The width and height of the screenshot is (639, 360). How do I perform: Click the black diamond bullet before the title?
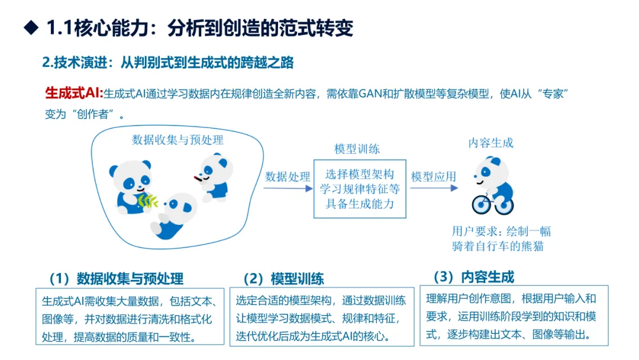click(31, 28)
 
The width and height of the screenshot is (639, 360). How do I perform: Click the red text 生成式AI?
click(74, 93)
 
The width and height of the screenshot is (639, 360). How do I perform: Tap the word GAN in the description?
click(370, 94)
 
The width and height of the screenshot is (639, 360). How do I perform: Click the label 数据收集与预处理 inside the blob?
click(177, 140)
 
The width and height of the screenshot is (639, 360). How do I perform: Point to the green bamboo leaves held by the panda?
click(147, 201)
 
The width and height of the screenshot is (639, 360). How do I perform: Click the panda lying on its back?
click(173, 216)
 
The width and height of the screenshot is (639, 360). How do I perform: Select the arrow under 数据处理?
click(288, 188)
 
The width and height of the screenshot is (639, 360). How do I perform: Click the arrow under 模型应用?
click(434, 188)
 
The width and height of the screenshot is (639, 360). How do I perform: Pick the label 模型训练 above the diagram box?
click(357, 149)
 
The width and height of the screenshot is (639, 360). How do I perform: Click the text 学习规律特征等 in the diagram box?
click(360, 189)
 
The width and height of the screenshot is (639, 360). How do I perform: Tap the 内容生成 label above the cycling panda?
click(490, 143)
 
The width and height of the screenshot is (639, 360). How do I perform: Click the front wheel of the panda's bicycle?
click(481, 204)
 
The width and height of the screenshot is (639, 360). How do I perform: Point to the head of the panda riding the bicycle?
click(491, 171)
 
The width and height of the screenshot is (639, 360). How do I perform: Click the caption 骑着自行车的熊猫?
click(498, 246)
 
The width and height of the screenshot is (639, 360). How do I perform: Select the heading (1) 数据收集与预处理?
click(117, 279)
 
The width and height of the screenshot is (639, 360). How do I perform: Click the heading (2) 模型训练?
click(283, 279)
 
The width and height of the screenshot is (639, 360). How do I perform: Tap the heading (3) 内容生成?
click(474, 277)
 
